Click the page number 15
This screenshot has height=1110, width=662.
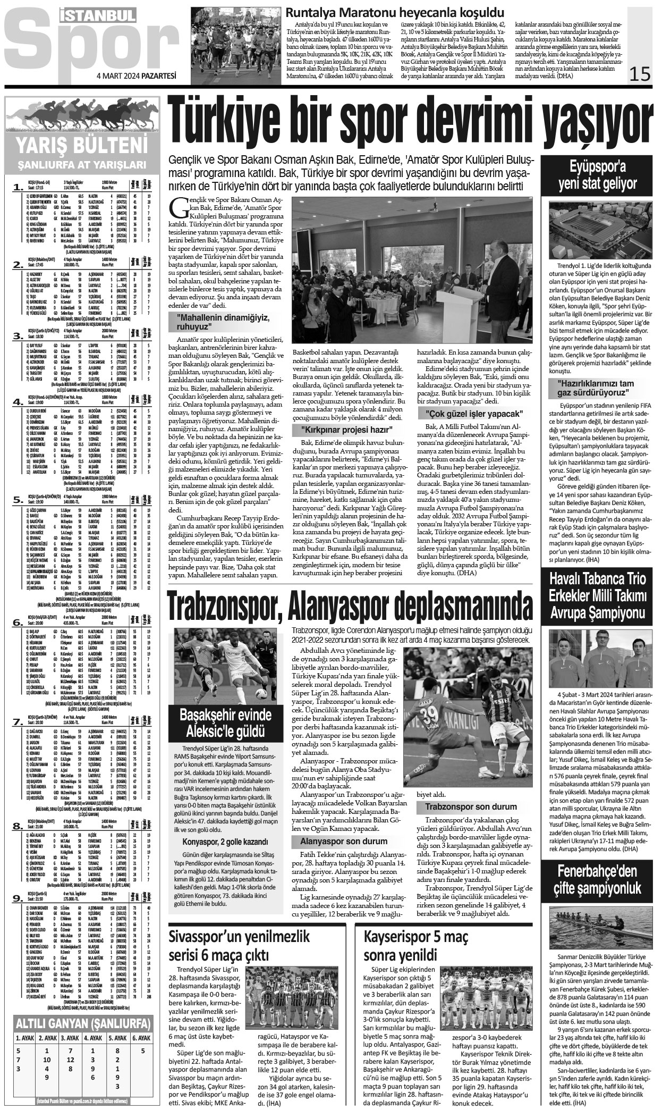(639, 73)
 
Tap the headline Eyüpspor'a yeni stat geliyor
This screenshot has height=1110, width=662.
(601, 175)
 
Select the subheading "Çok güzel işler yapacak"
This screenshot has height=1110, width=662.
(474, 413)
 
